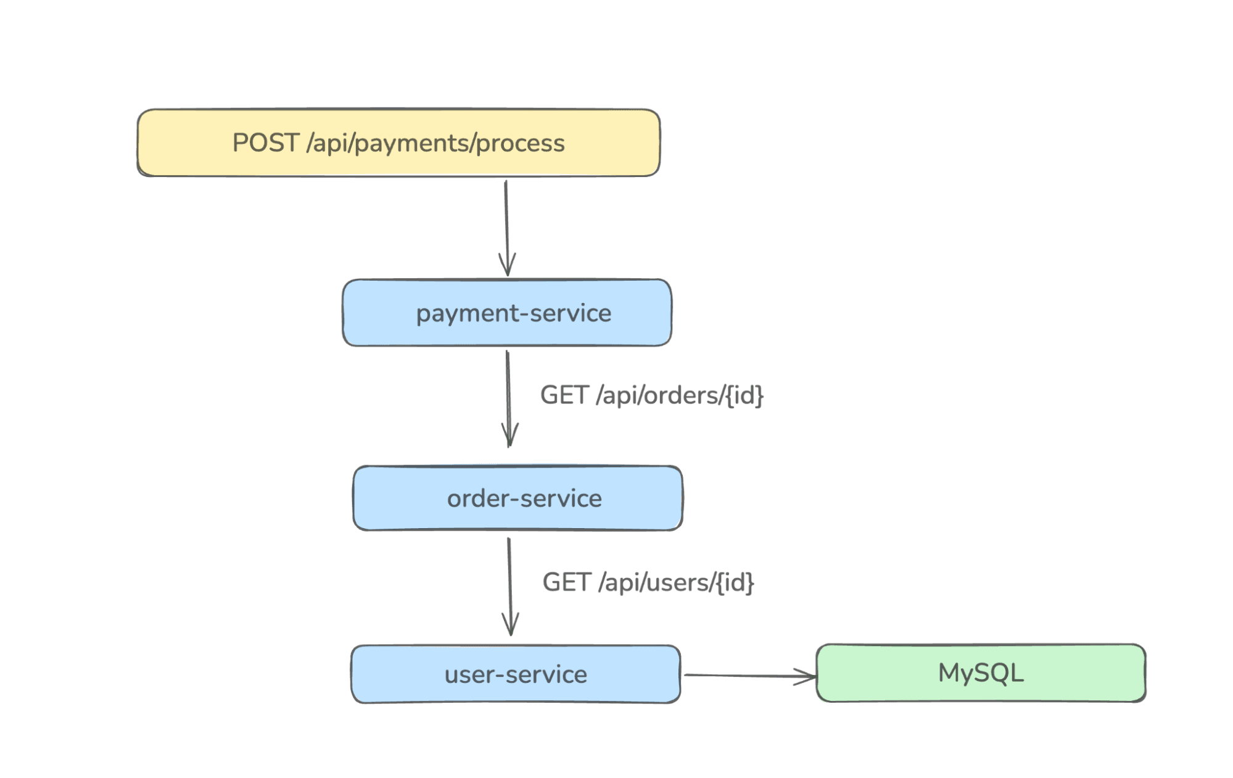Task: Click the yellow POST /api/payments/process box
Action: (398, 143)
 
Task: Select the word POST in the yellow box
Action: (266, 143)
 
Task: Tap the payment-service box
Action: (507, 313)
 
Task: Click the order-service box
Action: (518, 499)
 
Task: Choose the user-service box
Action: (516, 674)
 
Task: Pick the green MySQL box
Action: (981, 673)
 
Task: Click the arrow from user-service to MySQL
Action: (746, 676)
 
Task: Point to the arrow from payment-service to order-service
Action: (508, 395)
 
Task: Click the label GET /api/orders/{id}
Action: (652, 395)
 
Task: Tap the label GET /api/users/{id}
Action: (648, 582)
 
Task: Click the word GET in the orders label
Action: (564, 395)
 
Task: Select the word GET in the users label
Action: (566, 582)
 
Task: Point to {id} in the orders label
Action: (744, 395)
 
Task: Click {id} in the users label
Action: (735, 582)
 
